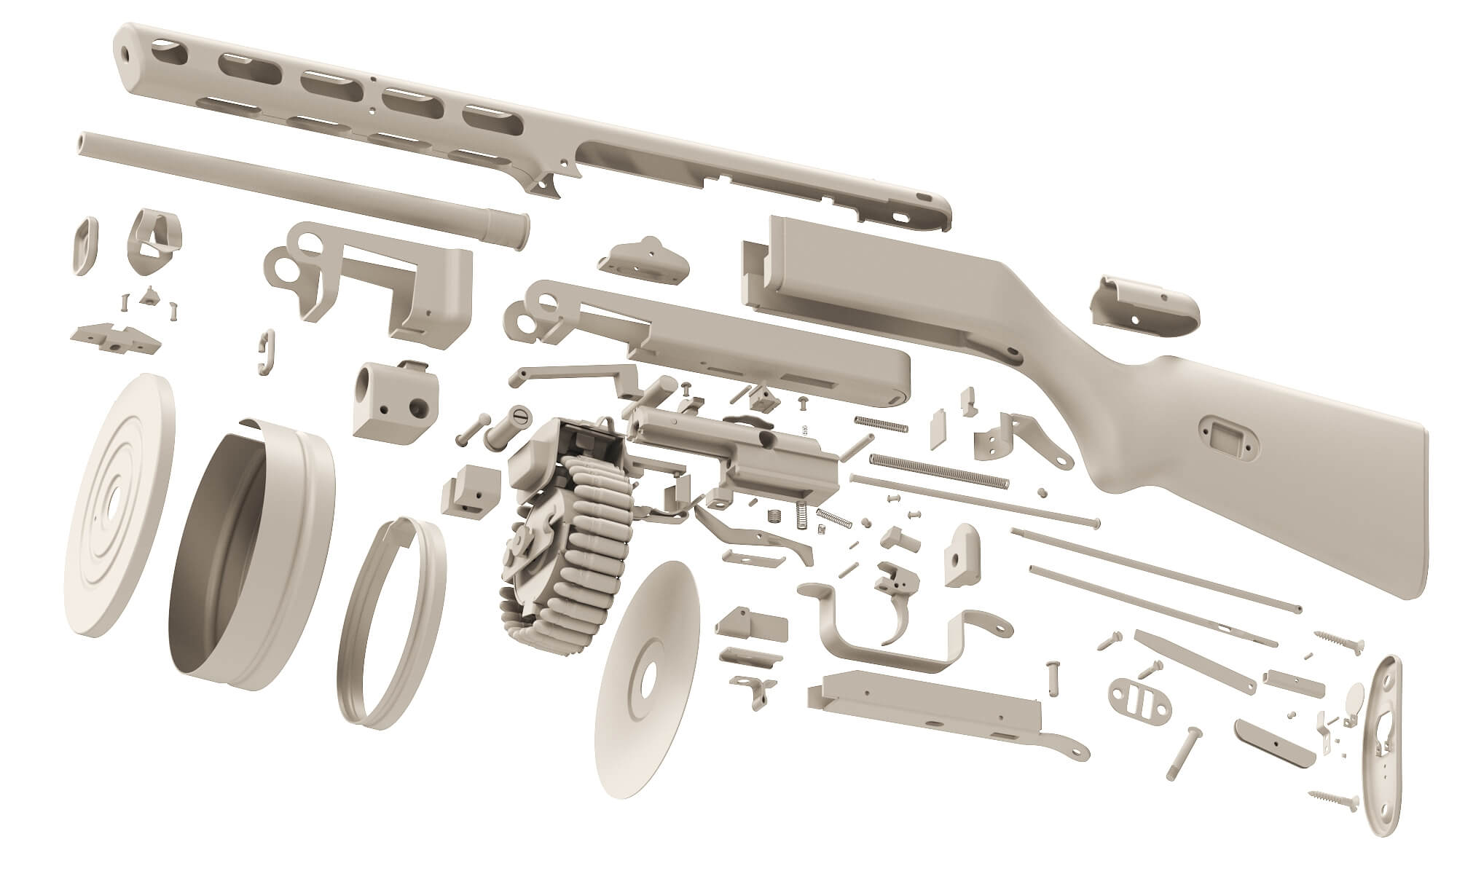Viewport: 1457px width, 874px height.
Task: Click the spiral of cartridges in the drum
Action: point(583,554)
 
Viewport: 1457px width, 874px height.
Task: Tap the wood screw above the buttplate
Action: point(1340,641)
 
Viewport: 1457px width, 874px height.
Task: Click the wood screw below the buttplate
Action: point(1333,800)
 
